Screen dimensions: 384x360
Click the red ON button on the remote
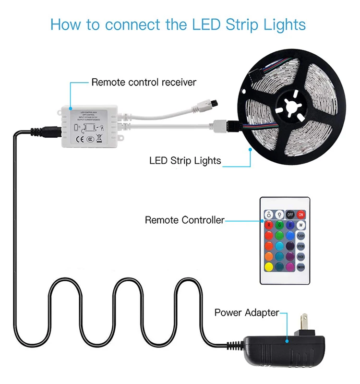point(301,215)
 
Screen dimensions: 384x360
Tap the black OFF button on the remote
point(289,215)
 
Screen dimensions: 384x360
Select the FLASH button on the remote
point(301,236)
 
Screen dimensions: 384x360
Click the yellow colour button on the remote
point(267,267)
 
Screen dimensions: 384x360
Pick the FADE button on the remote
point(301,257)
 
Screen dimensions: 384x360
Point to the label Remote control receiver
point(144,82)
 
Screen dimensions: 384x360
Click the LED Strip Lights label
point(185,160)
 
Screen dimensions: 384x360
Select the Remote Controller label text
point(184,220)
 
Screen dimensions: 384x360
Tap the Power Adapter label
point(246,312)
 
